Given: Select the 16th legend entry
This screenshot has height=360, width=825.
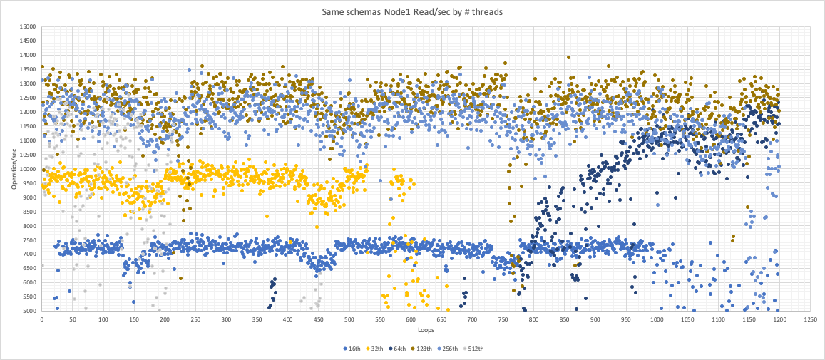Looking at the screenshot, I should [x=351, y=349].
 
